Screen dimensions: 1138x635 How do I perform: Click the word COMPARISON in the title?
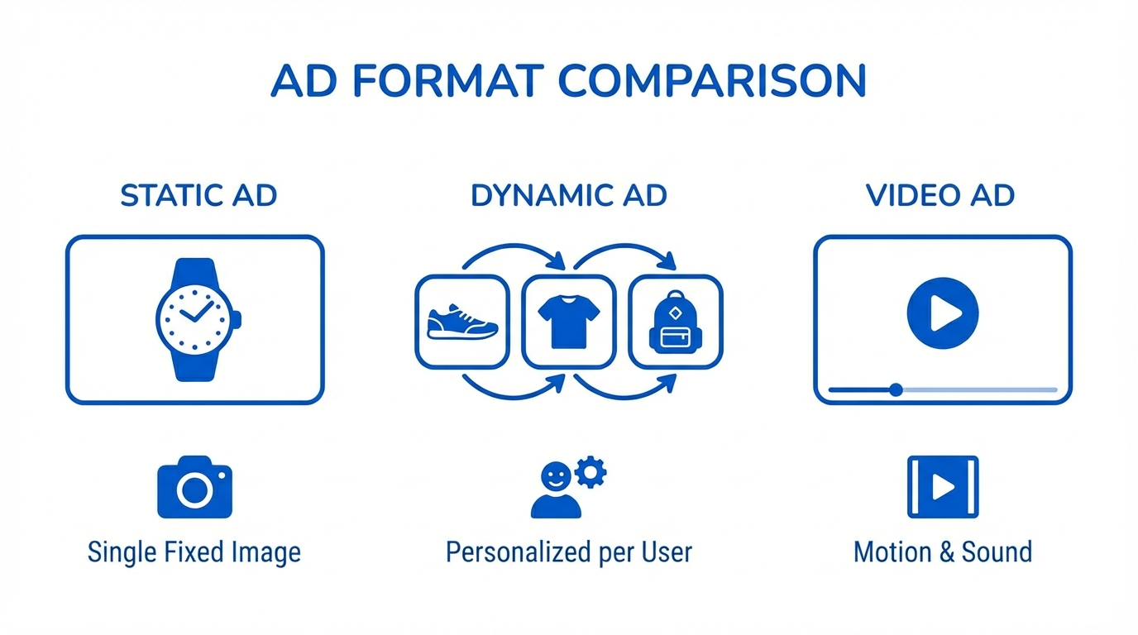712,81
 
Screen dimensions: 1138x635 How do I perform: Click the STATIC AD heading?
198,196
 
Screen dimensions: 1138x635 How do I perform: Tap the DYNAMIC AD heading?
569,196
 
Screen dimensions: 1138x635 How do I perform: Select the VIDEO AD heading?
940,196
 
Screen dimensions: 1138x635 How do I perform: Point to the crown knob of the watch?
237,320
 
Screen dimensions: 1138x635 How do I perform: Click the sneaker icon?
462,322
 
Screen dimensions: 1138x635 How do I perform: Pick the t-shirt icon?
569,322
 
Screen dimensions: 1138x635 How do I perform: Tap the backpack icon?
676,322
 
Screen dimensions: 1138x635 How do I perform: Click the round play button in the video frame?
943,313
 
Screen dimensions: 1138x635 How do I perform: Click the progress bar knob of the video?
897,389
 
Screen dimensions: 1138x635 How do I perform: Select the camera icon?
194,487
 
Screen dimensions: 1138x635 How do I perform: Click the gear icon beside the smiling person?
591,472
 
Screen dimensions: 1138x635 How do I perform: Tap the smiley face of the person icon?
555,476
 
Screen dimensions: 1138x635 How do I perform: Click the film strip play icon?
943,487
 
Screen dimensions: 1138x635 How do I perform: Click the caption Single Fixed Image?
194,552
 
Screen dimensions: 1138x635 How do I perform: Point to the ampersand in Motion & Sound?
946,552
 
